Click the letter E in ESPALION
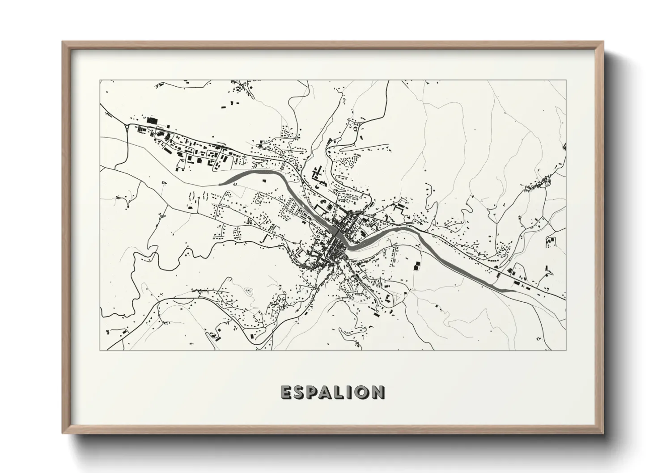pyautogui.click(x=287, y=392)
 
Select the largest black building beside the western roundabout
pyautogui.click(x=153, y=121)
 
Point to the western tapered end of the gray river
pyautogui.click(x=220, y=183)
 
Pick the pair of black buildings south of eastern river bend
pyautogui.click(x=417, y=265)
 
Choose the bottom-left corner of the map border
pyautogui.click(x=100, y=350)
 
